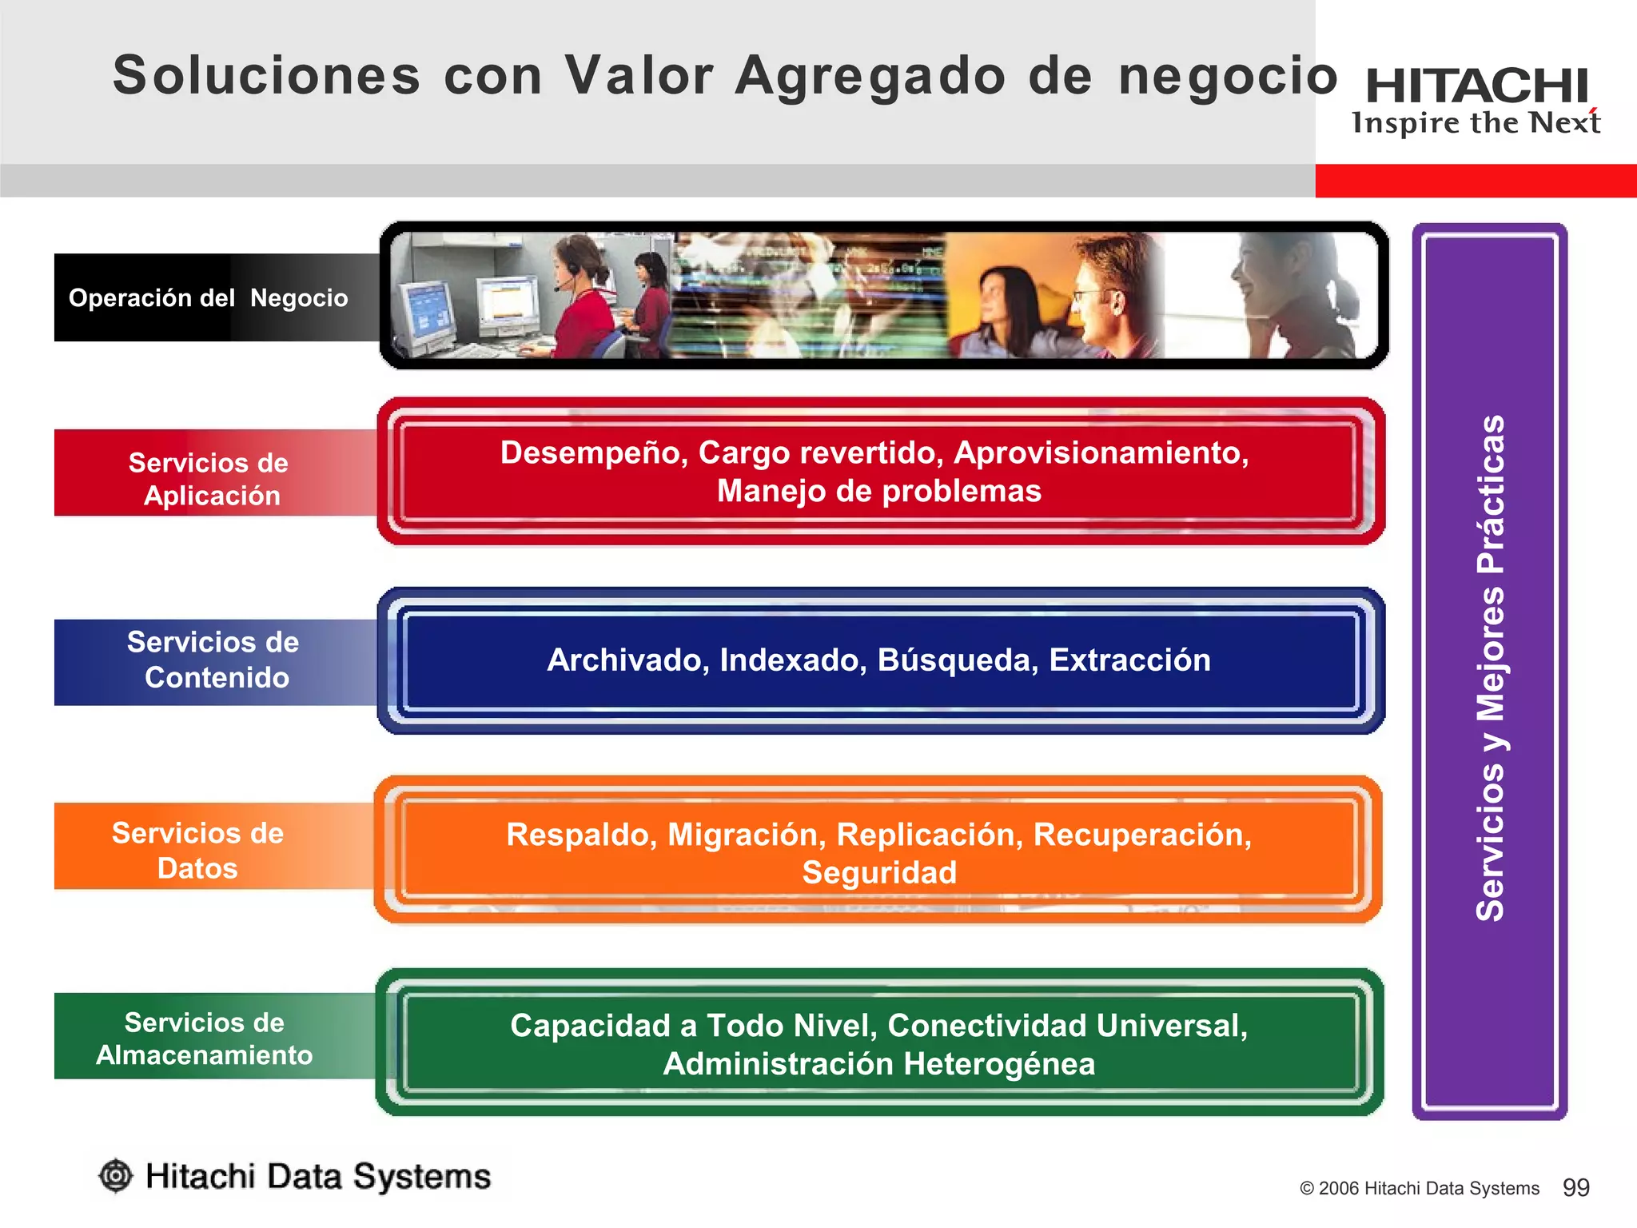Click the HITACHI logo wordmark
click(x=1476, y=86)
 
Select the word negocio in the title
click(x=1227, y=76)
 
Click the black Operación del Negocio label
click(x=209, y=298)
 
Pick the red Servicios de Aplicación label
click(x=209, y=478)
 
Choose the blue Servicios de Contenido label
click(x=213, y=660)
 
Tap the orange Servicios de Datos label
click(x=197, y=850)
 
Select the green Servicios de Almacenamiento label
click(x=205, y=1038)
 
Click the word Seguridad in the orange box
click(x=879, y=873)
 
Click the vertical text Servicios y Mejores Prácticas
click(x=1490, y=668)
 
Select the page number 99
click(x=1575, y=1187)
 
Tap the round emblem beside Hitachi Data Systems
click(x=116, y=1175)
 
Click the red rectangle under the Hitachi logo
click(x=1476, y=181)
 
